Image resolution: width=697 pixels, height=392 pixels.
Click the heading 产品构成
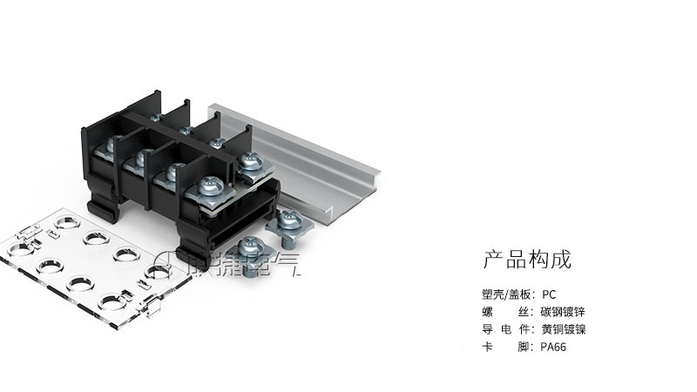[526, 260]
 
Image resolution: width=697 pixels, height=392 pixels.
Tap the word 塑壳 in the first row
[492, 294]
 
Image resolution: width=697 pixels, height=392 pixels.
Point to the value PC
[549, 294]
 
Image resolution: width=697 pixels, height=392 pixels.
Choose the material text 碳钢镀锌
[564, 312]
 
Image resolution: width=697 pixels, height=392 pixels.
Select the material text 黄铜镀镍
[564, 329]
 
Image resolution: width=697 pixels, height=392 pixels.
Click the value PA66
[554, 347]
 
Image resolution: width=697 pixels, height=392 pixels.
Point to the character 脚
[524, 347]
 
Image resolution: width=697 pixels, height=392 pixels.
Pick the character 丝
[524, 312]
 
